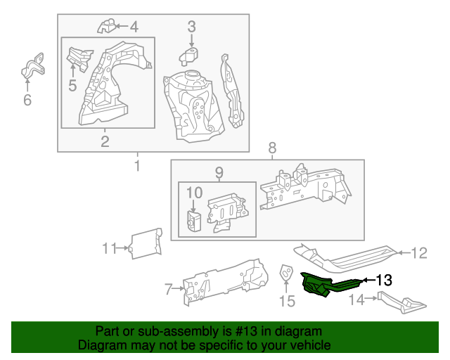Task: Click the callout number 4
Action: (134, 27)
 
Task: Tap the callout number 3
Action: (191, 27)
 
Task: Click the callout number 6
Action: (27, 101)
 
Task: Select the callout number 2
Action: (105, 143)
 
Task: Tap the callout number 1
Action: (136, 167)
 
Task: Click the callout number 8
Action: (273, 148)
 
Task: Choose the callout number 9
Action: (218, 172)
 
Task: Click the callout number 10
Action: (194, 192)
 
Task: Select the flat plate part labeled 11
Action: (146, 243)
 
